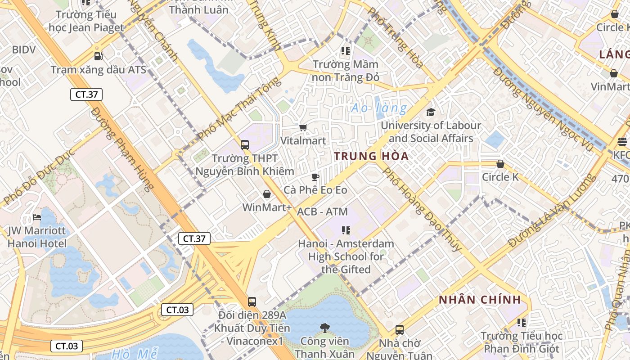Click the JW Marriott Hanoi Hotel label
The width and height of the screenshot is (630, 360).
[37, 237]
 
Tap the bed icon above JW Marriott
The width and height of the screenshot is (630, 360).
[37, 218]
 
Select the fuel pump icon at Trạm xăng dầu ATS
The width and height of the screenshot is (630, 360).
[98, 56]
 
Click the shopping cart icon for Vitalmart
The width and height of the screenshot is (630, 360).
[303, 128]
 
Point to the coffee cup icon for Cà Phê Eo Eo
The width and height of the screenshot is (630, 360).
[315, 177]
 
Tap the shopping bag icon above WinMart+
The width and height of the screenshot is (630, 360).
[267, 194]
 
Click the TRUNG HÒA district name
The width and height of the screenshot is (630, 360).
[371, 156]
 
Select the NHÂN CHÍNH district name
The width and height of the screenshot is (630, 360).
[480, 300]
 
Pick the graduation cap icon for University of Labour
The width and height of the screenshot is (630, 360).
[431, 112]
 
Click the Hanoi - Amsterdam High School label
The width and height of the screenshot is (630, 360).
[346, 256]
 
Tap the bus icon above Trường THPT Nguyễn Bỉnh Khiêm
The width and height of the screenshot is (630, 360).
[245, 145]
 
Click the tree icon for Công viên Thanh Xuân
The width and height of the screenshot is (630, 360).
[324, 328]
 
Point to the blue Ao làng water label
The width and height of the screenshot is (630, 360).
[379, 108]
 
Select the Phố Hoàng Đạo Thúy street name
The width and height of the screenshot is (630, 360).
[422, 209]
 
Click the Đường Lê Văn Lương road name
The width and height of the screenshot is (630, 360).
[551, 211]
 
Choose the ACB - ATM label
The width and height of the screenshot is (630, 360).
[322, 211]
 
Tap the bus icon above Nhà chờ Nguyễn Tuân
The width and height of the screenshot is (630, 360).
[399, 330]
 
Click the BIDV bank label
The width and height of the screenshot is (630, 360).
[24, 49]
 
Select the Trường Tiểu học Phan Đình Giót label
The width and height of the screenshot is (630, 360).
[521, 342]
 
